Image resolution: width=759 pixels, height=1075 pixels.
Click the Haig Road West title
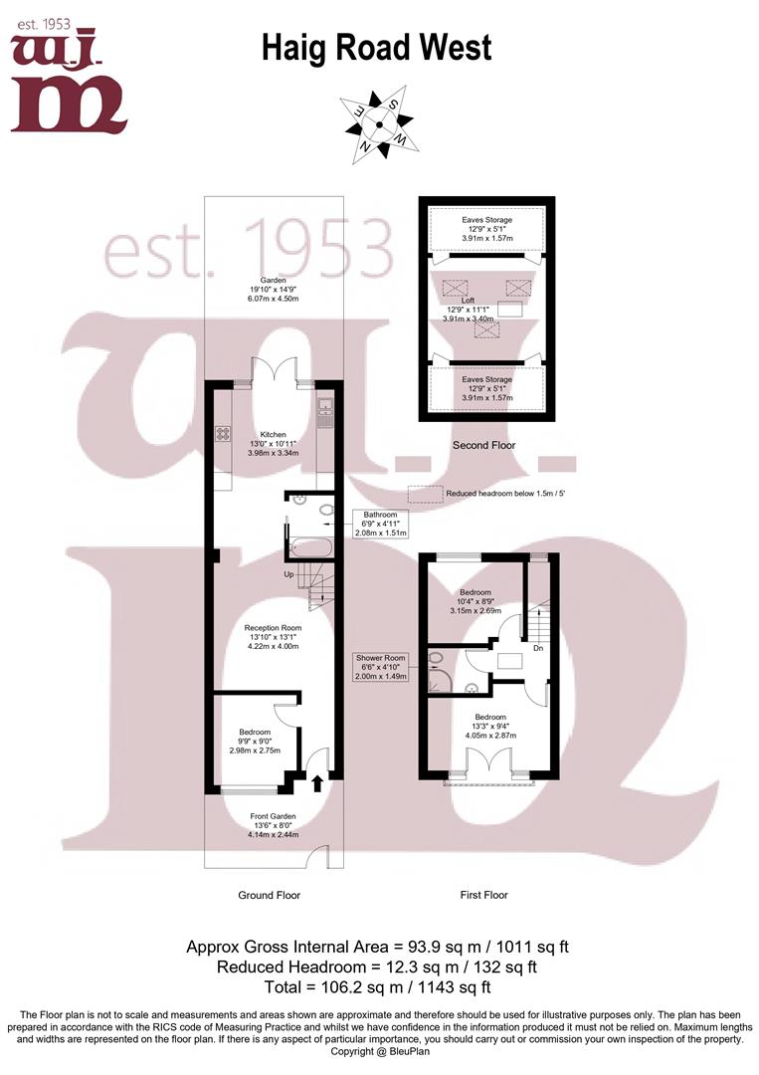pos(376,48)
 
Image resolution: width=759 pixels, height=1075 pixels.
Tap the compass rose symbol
pos(378,123)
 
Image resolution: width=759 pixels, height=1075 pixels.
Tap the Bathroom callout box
pos(380,524)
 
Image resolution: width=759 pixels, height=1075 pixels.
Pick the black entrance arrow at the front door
pos(316,783)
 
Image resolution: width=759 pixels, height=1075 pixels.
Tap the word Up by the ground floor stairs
pos(288,574)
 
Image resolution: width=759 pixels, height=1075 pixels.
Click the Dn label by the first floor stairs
pos(538,648)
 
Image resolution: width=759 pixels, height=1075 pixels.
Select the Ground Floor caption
pos(269,895)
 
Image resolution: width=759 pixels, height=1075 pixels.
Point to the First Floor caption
pos(484,895)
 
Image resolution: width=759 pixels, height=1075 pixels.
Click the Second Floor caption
pos(484,445)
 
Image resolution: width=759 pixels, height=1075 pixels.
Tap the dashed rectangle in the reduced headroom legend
pos(425,493)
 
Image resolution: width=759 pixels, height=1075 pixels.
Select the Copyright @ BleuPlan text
pos(378,1051)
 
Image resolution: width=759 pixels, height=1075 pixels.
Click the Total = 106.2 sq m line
pos(378,987)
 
